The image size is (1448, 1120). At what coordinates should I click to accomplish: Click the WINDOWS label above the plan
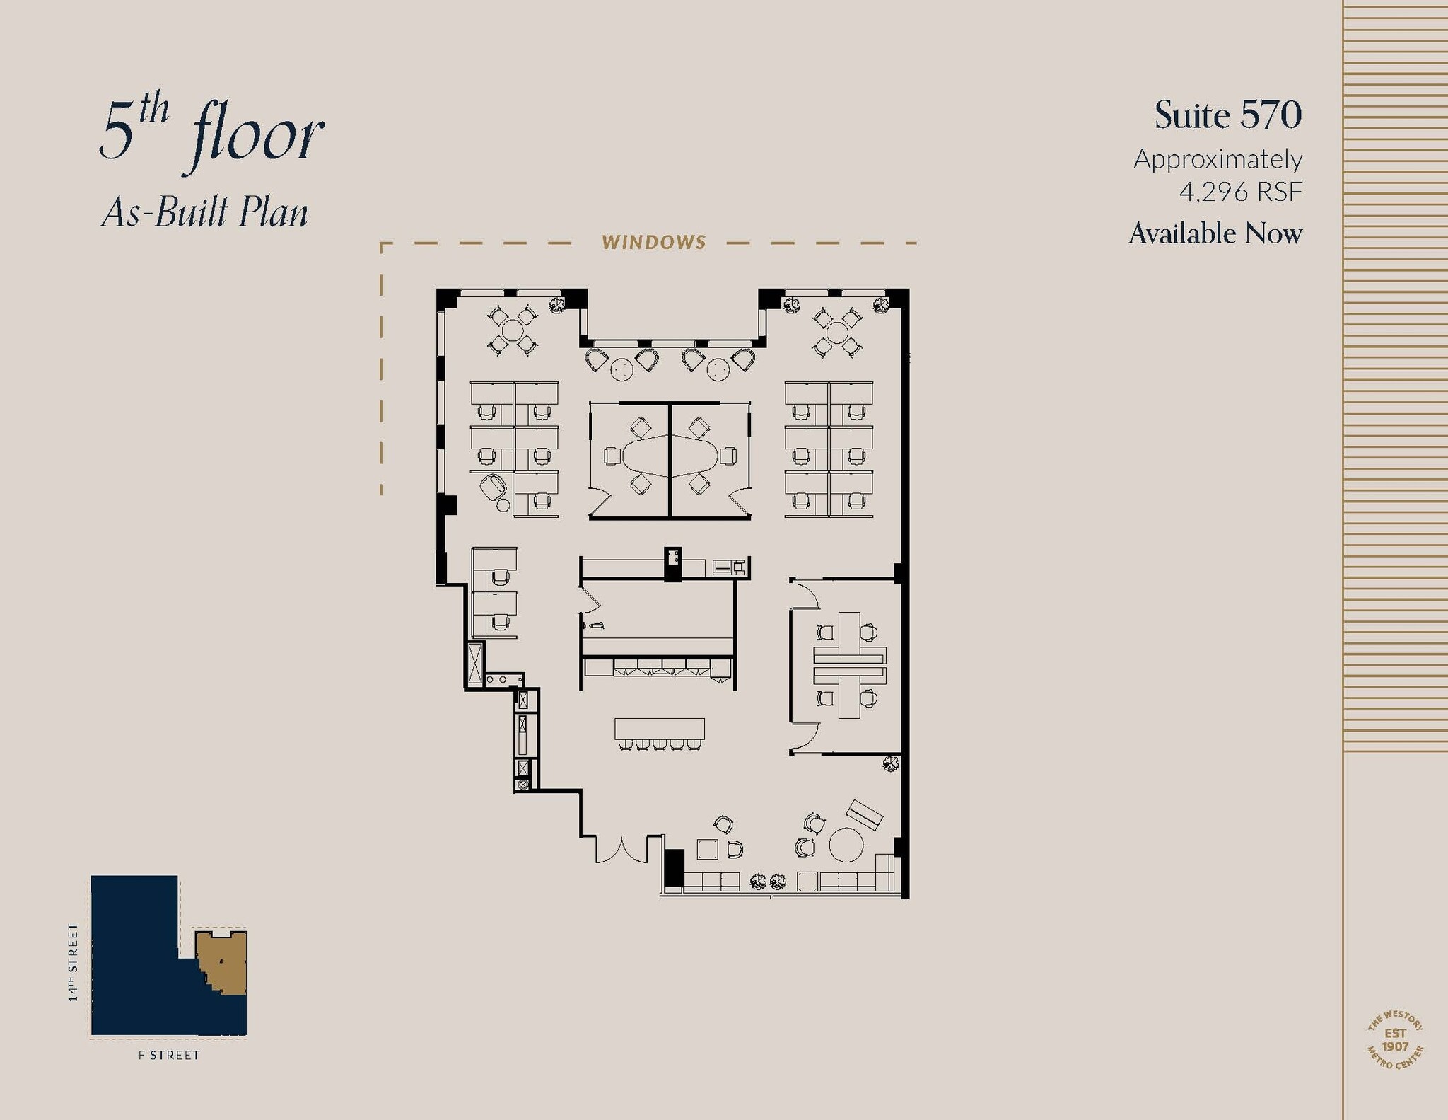653,243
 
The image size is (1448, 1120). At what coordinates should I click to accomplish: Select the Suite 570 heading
1227,115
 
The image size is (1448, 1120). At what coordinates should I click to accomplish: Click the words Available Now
1215,233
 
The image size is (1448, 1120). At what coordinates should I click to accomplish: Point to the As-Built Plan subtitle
205,212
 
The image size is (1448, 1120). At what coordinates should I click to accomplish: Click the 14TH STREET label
73,962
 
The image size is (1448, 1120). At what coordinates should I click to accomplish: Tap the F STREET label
169,1055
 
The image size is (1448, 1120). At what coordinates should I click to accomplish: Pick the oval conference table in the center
669,456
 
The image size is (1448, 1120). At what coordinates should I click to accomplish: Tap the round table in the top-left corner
512,330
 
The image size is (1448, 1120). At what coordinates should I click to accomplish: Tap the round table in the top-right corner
837,332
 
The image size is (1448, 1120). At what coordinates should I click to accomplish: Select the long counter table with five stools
659,729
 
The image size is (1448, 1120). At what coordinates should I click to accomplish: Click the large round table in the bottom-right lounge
846,845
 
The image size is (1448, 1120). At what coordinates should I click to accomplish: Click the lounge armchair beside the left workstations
494,487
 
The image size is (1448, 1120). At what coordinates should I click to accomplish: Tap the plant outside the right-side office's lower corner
890,763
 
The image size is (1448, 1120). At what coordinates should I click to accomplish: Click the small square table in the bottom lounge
707,849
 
